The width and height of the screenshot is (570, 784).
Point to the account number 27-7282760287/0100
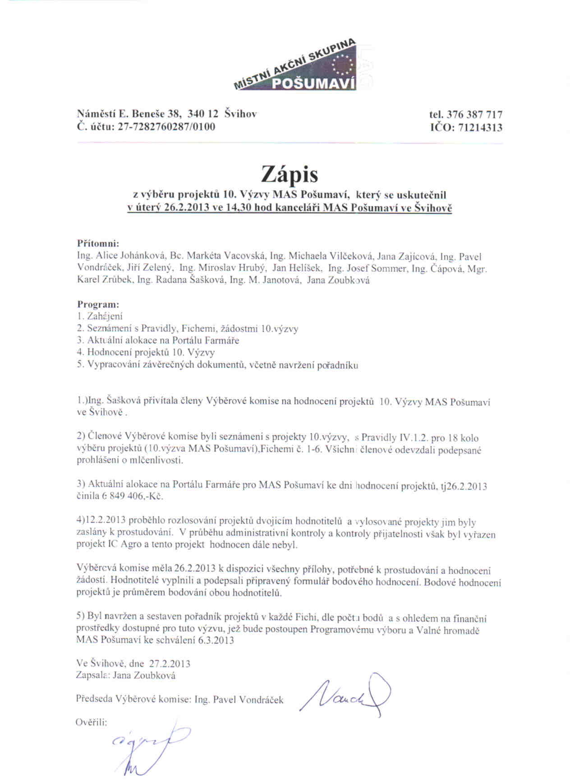(166, 127)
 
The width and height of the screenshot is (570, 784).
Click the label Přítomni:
(98, 244)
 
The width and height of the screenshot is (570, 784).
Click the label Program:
(98, 304)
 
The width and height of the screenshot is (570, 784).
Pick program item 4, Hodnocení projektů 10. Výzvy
(146, 353)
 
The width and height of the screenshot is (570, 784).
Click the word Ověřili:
(92, 722)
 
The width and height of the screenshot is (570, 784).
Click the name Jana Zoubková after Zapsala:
(144, 675)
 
